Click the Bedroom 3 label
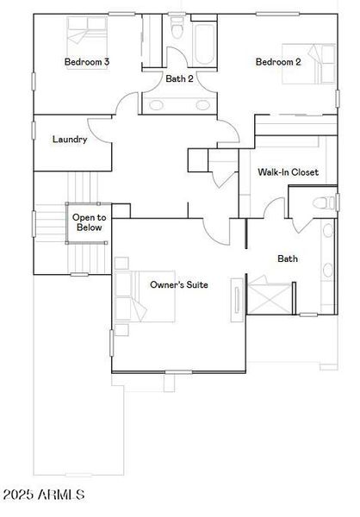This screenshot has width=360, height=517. point(86,62)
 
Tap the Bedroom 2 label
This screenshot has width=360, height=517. point(277,62)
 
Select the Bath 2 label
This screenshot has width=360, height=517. point(179,78)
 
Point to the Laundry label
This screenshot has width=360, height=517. point(70,140)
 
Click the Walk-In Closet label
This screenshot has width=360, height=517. point(288,172)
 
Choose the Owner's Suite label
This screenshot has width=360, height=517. point(178,284)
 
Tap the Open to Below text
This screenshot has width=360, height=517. point(88,223)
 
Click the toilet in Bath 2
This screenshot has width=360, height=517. point(178,31)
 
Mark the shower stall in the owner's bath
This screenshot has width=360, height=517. point(270,295)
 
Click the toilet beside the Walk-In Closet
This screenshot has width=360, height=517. point(324,203)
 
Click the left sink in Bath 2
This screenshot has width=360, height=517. point(158,105)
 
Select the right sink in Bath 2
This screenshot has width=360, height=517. point(203,105)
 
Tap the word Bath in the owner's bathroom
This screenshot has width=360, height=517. point(287,258)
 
